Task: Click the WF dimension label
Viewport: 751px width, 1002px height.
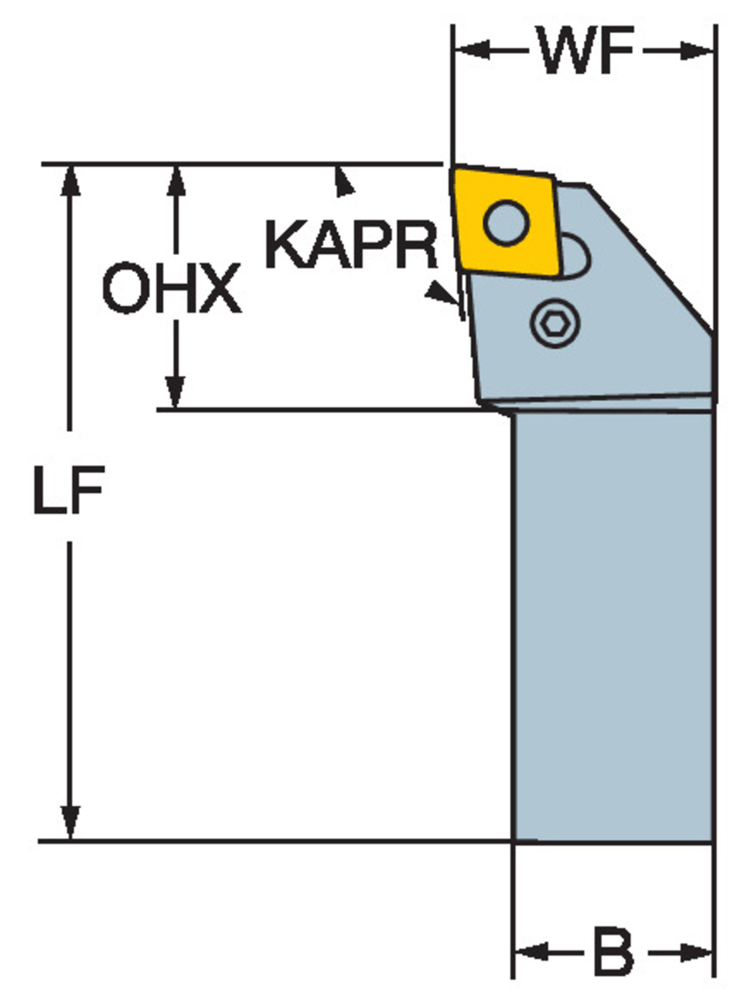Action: (587, 49)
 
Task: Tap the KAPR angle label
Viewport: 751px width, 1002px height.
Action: (351, 244)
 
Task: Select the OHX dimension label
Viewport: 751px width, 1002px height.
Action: (172, 288)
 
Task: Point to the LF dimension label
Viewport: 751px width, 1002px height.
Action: (69, 490)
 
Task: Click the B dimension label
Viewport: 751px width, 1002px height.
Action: (614, 950)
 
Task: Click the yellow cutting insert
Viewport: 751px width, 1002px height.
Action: (505, 222)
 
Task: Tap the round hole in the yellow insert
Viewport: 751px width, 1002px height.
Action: (506, 223)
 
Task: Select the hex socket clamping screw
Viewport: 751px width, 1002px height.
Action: (555, 323)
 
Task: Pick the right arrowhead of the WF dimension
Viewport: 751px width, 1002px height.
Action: (696, 50)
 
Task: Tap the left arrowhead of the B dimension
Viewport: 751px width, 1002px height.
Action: (531, 951)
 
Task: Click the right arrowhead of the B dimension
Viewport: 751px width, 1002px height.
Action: (696, 951)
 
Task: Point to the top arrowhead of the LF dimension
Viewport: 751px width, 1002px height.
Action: (70, 181)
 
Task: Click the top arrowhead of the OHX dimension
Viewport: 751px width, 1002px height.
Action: (176, 181)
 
